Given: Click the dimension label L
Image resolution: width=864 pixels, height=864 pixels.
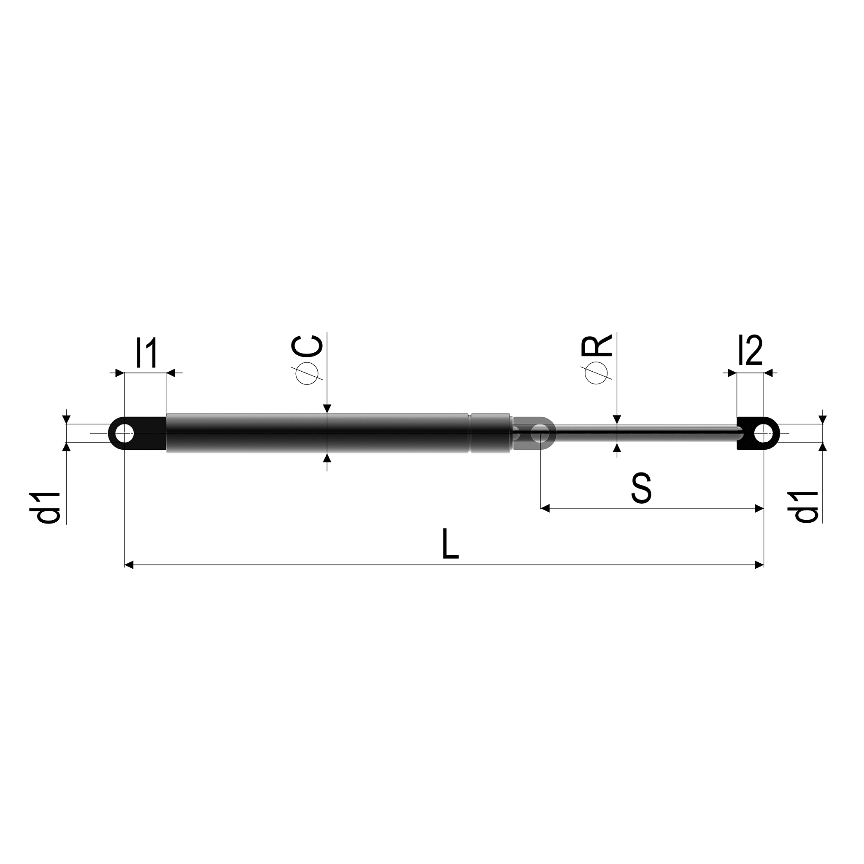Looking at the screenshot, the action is click(x=450, y=544).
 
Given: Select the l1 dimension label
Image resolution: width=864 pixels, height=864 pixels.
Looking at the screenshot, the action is click(x=146, y=353).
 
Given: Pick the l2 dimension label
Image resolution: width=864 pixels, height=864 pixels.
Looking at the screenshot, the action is click(x=751, y=350).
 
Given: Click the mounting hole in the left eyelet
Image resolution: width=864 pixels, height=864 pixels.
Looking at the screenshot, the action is click(x=124, y=433).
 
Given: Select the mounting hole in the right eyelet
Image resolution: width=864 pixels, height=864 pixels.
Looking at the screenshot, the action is click(x=763, y=433).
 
